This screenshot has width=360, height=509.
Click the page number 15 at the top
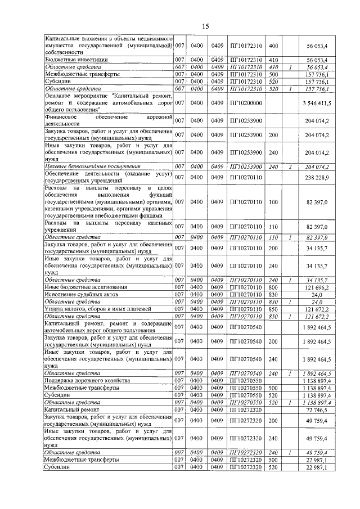pyautogui.click(x=205, y=26)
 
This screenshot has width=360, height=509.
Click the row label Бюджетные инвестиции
pyautogui.click(x=76, y=59)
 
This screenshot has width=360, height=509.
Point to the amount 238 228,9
pyautogui.click(x=321, y=177)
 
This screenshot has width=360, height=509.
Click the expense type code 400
pyautogui.click(x=274, y=44)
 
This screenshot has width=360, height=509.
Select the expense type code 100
pyautogui.click(x=274, y=201)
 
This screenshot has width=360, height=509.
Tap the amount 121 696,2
pyautogui.click(x=321, y=287)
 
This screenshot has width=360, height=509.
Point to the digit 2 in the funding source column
pyautogui.click(x=290, y=166)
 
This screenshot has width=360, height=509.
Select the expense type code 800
pyautogui.click(x=274, y=287)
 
